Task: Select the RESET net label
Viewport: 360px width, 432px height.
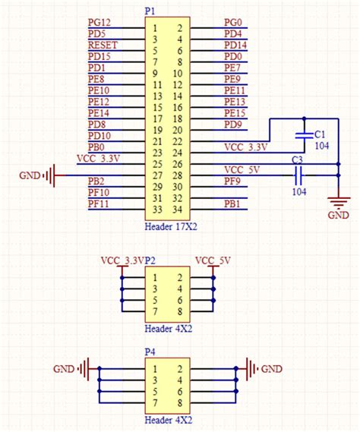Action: tap(103, 44)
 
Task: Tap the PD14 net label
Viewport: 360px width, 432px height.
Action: tap(235, 45)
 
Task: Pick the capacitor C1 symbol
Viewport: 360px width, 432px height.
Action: tap(304, 134)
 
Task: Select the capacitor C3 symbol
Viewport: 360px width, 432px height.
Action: tap(298, 176)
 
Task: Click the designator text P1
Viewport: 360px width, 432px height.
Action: tap(150, 11)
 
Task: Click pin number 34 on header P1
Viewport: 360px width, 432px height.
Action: tap(179, 210)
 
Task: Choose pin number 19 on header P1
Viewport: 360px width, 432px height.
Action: tap(156, 130)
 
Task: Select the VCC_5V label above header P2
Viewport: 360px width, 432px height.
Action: tap(214, 260)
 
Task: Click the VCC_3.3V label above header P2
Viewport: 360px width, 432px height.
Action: tap(122, 260)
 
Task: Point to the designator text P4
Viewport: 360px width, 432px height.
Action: tap(150, 352)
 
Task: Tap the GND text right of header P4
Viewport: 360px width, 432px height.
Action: tap(271, 369)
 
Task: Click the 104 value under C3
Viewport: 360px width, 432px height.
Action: tap(299, 193)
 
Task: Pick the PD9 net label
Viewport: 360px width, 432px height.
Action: tap(232, 125)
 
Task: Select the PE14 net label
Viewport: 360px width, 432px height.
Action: tap(99, 112)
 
